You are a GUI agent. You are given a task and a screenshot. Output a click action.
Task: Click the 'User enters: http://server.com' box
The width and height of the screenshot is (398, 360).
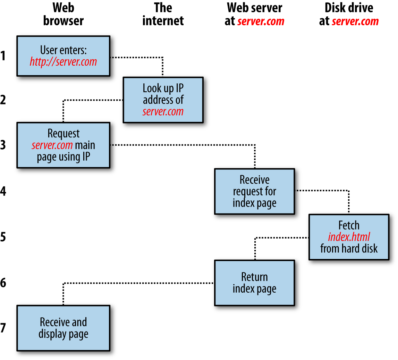tap(63, 56)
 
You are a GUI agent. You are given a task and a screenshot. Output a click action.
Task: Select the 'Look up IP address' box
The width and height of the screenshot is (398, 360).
tap(163, 100)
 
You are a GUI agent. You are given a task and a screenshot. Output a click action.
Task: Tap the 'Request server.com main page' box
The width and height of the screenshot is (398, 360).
tap(63, 145)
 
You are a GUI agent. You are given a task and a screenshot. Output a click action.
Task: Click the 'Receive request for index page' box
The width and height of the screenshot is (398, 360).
tap(254, 191)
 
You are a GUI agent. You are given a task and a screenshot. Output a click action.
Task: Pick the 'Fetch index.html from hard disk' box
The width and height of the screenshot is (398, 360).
tap(349, 237)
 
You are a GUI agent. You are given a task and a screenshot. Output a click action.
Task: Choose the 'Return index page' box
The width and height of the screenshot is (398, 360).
tap(254, 283)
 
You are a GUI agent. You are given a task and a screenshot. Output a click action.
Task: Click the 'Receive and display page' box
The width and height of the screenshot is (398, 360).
tap(63, 328)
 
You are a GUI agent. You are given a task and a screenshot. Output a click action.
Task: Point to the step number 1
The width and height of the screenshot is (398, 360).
tap(3, 56)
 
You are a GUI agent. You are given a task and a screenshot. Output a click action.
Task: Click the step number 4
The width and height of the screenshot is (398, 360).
tap(3, 191)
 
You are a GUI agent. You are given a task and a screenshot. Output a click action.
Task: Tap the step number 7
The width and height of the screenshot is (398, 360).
tap(3, 328)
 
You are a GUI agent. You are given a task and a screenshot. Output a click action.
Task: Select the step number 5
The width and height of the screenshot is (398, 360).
tap(3, 237)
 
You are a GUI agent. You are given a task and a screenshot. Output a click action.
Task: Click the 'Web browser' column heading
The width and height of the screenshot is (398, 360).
tap(63, 14)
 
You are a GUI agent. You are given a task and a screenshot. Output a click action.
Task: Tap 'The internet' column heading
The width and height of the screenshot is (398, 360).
tap(163, 14)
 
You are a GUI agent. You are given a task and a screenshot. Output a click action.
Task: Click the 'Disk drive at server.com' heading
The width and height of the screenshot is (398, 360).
tap(349, 14)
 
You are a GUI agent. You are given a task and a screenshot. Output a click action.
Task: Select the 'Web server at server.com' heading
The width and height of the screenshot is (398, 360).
tap(254, 14)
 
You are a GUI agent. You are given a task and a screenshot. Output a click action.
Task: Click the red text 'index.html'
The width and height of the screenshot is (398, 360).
tap(349, 237)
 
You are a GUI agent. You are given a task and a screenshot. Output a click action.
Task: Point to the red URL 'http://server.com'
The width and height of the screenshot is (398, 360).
tap(63, 62)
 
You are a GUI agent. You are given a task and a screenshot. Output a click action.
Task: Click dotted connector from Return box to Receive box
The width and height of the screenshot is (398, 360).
tap(139, 283)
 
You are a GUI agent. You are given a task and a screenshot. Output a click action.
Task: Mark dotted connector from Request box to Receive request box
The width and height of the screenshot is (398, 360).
tap(184, 145)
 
